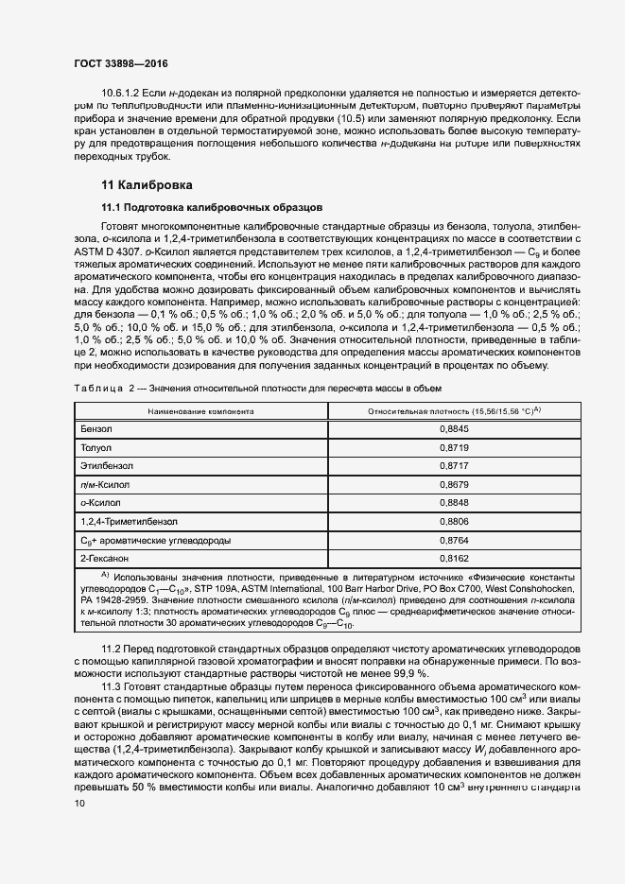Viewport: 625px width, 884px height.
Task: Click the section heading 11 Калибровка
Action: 147,184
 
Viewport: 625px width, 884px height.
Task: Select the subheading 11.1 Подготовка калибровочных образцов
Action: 213,206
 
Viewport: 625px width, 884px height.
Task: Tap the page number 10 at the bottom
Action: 80,803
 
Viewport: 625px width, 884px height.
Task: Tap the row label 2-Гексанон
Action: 105,558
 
